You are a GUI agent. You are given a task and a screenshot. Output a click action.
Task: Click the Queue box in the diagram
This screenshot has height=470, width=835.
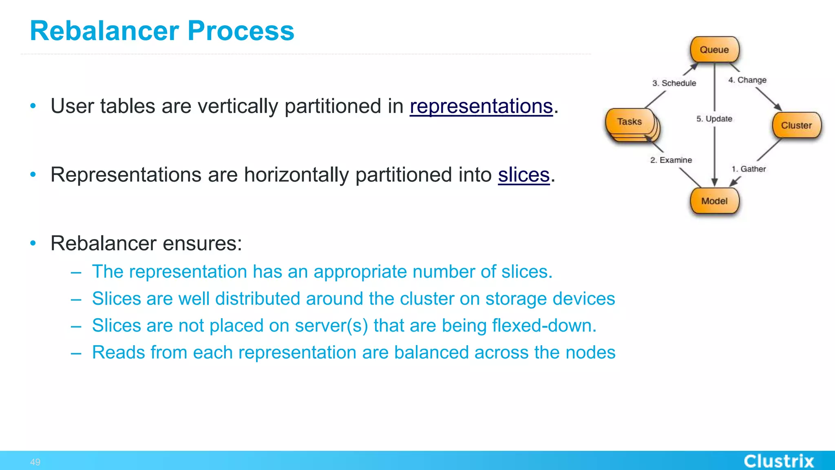click(714, 50)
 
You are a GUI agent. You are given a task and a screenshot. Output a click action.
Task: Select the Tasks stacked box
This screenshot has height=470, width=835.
click(630, 122)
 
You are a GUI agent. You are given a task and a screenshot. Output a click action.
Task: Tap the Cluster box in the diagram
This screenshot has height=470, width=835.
click(796, 125)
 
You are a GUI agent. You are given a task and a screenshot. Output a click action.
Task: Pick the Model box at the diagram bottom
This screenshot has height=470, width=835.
click(714, 201)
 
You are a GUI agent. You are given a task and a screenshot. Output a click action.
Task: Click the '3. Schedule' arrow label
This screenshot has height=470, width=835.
click(674, 83)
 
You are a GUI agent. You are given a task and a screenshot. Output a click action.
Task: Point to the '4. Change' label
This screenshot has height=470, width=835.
click(747, 80)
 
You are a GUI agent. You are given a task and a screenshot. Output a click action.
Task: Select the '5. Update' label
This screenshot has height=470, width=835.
click(714, 119)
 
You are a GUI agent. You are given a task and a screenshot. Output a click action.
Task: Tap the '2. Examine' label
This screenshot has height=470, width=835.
click(671, 160)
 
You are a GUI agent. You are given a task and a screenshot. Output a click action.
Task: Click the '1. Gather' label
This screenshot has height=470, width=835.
click(749, 169)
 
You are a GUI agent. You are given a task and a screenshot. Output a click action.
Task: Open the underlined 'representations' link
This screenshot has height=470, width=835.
click(481, 106)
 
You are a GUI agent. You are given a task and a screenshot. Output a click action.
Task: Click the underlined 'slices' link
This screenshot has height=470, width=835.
click(524, 175)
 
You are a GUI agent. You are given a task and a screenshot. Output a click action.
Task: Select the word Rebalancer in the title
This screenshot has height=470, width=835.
click(104, 31)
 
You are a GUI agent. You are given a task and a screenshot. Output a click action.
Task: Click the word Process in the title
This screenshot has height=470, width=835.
click(241, 31)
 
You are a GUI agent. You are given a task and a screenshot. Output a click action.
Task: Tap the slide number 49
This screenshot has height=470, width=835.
click(35, 462)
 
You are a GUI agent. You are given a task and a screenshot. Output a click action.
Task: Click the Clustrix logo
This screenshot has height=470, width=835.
click(779, 461)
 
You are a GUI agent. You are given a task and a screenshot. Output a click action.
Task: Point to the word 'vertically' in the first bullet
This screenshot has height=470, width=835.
click(238, 106)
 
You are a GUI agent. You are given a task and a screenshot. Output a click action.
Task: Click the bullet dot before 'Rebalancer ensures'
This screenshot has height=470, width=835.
click(33, 243)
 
